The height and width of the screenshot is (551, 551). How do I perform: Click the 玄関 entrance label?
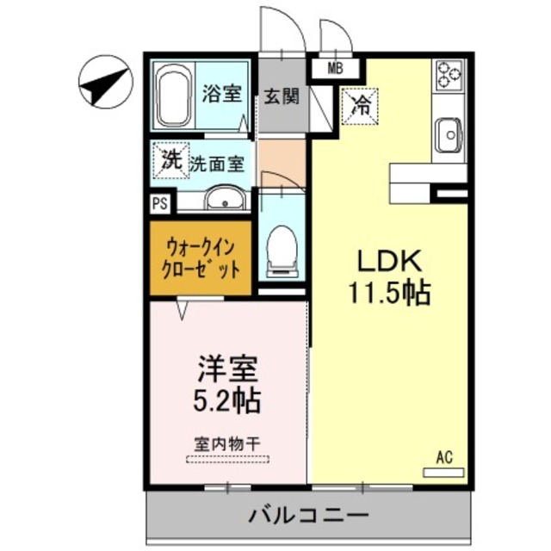(x=282, y=96)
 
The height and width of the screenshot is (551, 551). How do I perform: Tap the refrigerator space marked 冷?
(x=361, y=107)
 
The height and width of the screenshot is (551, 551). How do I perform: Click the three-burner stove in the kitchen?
(x=448, y=76)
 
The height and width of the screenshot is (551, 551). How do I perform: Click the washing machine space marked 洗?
(x=170, y=159)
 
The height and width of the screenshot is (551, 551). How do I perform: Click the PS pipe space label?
(x=160, y=204)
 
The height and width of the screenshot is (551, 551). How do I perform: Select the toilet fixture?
(x=281, y=250)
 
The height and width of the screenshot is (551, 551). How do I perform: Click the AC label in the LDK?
(x=444, y=456)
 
